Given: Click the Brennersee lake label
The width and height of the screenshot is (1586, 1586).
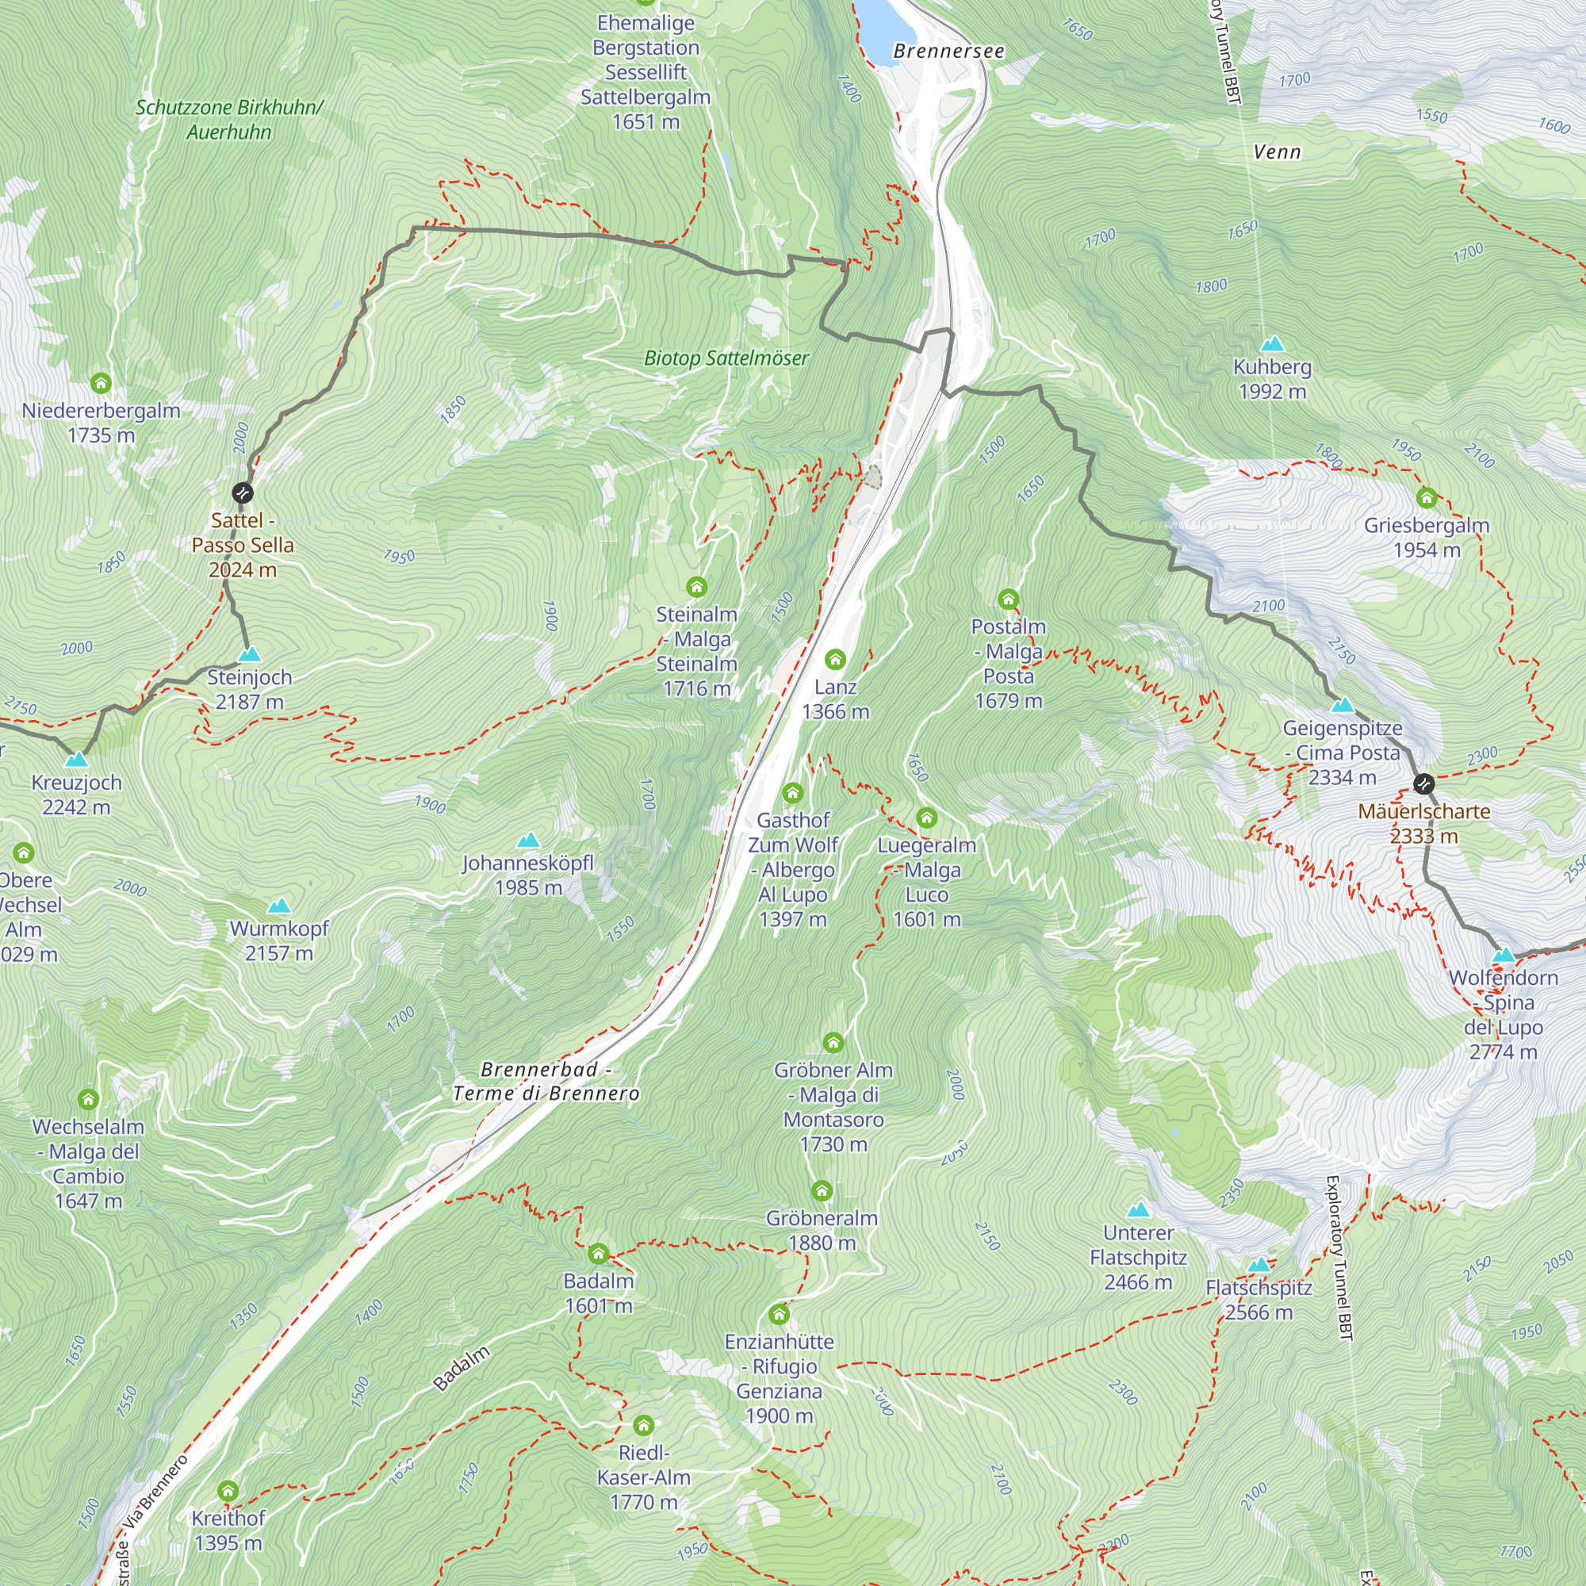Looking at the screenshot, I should [948, 51].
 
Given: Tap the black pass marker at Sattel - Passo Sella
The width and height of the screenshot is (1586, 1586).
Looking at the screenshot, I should [242, 492].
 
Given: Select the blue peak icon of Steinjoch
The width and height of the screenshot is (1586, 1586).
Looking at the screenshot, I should [250, 654].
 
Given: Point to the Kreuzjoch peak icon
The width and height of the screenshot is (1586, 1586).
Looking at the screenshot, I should [76, 760].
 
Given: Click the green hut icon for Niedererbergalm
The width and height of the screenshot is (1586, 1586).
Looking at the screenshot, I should [101, 383].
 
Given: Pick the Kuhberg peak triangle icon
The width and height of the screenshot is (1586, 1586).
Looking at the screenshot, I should [1272, 343].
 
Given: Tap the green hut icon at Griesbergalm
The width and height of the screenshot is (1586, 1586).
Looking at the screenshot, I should [1426, 497].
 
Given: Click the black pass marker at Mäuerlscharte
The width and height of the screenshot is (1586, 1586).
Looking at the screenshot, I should [1423, 784].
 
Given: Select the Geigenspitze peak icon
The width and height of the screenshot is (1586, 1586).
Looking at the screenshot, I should [1343, 704].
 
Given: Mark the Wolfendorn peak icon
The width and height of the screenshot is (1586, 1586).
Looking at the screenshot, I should [1503, 955].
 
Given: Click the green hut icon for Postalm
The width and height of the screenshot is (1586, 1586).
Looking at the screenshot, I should [1008, 600].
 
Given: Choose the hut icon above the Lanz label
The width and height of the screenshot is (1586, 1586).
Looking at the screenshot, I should [835, 659].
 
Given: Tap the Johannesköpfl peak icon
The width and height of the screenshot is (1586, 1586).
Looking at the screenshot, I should [529, 840].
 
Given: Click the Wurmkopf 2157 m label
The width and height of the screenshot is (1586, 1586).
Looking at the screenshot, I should [279, 940].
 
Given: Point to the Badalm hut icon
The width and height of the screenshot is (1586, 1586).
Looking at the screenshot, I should [599, 1254].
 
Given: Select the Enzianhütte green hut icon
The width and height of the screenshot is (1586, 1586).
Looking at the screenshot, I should [779, 1314].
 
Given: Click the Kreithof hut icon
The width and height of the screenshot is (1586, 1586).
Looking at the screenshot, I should [228, 1491].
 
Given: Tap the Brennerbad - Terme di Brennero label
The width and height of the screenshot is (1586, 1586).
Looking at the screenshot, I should [546, 1081].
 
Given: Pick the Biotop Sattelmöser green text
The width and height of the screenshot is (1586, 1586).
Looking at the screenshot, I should [726, 358].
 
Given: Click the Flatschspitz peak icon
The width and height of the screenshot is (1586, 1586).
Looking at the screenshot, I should [1258, 1265].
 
